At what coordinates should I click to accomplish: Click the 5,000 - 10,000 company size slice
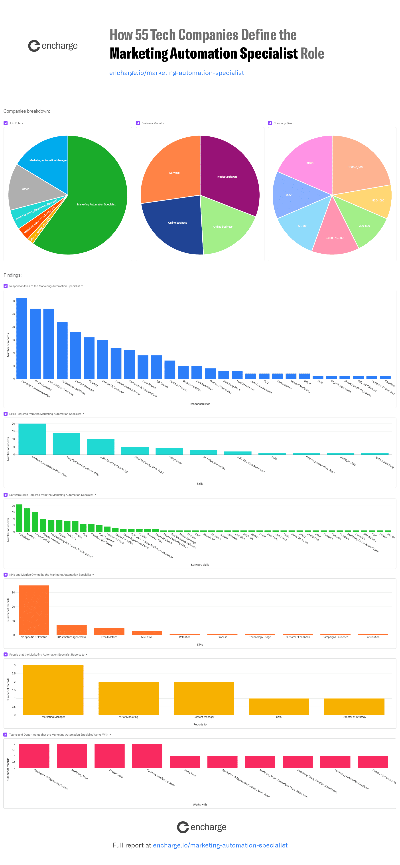(x=334, y=235)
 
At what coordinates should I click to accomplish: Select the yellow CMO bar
(x=279, y=707)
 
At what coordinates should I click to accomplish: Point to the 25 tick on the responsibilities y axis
(x=14, y=314)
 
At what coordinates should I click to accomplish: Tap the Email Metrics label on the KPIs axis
(x=109, y=637)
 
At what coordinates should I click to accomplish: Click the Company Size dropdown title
(x=282, y=123)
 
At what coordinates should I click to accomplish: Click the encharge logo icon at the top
(x=34, y=46)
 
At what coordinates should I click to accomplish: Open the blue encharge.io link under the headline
(x=176, y=73)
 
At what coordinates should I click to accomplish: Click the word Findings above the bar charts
(x=12, y=275)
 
